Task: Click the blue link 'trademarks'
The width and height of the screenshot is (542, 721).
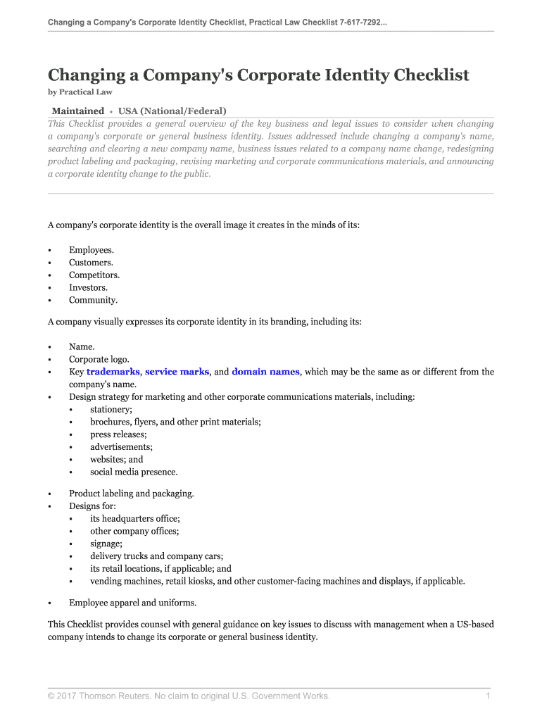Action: tap(113, 372)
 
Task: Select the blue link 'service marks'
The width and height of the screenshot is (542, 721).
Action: tap(177, 372)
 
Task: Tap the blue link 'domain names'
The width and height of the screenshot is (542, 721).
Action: tap(265, 372)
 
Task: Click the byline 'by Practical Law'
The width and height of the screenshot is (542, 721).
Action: tap(80, 92)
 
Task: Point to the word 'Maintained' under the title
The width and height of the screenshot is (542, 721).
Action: tap(77, 111)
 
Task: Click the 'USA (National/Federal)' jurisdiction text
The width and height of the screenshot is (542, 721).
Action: tap(172, 111)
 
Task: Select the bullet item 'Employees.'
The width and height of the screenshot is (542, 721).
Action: tap(91, 250)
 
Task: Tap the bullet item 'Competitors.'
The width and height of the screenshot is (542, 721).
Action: tap(94, 275)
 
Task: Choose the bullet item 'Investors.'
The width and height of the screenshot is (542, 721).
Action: tap(88, 287)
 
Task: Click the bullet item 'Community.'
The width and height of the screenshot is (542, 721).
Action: tap(93, 300)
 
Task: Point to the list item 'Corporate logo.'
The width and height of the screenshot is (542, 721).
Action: tap(99, 359)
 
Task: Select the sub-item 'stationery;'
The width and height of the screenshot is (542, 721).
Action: tap(111, 409)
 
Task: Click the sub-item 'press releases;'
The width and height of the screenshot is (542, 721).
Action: tap(118, 434)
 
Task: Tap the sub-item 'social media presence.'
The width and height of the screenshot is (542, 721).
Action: tap(134, 472)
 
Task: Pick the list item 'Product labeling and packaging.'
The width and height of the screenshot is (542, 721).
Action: tap(131, 494)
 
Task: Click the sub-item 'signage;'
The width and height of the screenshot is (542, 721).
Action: tap(106, 544)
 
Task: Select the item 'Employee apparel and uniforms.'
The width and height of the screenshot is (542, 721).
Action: tap(132, 603)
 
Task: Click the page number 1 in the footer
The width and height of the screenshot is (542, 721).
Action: tap(487, 696)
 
